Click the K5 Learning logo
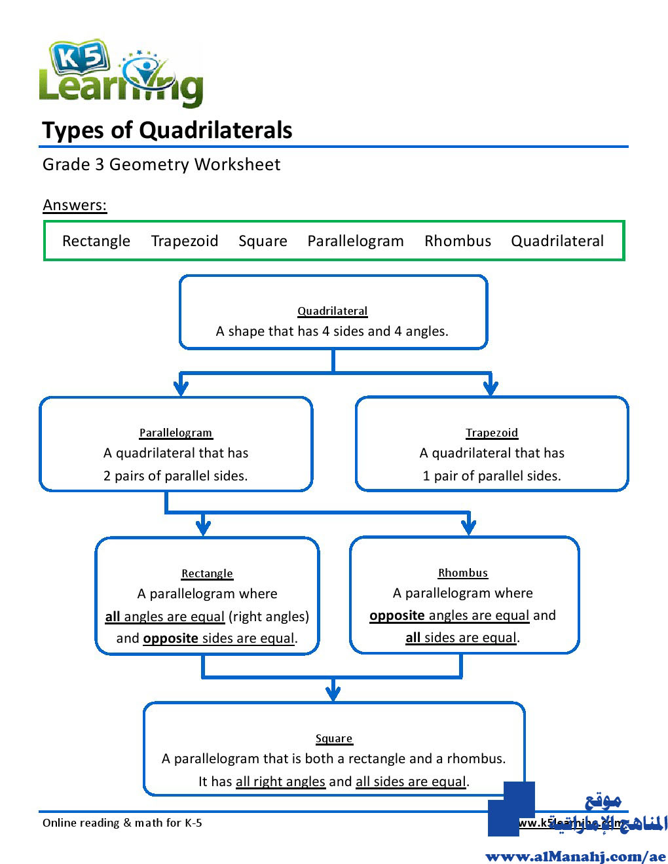point(121,73)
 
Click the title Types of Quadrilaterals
point(167,130)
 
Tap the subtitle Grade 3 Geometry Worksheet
point(161,164)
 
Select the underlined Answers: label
point(75,205)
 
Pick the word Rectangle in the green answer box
point(96,241)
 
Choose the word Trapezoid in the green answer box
point(185,241)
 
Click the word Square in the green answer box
point(263,241)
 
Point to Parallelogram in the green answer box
point(356,241)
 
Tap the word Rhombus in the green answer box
point(458,241)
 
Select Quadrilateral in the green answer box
point(557,241)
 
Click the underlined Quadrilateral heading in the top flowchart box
point(333,311)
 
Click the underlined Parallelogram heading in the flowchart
point(176,433)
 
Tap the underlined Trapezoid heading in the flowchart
point(492,433)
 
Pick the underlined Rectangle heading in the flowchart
point(207,573)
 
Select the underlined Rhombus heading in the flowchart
point(463,573)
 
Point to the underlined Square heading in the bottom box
point(334,738)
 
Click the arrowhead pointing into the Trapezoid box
point(491,388)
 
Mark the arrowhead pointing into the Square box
point(333,693)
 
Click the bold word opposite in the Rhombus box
point(397,615)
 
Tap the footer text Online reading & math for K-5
point(122,823)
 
